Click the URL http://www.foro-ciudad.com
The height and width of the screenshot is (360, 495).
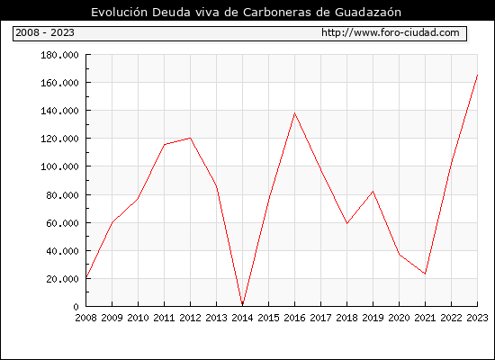[x=391, y=32]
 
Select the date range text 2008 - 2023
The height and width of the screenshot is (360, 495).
[x=45, y=32]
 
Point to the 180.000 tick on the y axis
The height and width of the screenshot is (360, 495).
[x=59, y=55]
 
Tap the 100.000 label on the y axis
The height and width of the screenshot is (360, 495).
[x=59, y=166]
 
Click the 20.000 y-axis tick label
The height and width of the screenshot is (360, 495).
[x=62, y=279]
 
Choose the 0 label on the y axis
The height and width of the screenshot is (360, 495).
[x=76, y=307]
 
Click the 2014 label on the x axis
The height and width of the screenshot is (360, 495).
[x=242, y=318]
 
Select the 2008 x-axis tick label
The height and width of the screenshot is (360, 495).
[x=85, y=318]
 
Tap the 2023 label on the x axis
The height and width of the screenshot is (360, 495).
[x=477, y=318]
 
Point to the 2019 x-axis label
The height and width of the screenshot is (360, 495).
[x=373, y=318]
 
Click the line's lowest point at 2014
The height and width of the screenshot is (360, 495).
[x=242, y=305]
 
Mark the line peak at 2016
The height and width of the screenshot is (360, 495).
[x=294, y=113]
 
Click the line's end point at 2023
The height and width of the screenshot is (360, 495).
[x=477, y=76]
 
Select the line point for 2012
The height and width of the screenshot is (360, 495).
[x=191, y=138]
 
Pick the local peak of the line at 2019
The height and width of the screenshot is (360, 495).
[x=373, y=192]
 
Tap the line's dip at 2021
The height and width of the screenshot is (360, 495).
[x=425, y=274]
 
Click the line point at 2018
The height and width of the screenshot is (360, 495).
[x=346, y=223]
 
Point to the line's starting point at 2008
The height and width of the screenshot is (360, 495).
[x=86, y=277]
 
